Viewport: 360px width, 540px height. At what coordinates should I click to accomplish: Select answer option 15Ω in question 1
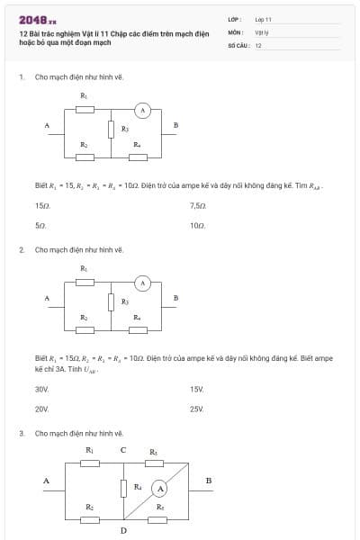click(42, 206)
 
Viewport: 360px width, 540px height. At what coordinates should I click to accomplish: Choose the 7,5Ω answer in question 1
click(198, 206)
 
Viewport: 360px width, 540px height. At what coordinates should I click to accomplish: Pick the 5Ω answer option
click(40, 225)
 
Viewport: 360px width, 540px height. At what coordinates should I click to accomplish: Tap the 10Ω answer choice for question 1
click(198, 225)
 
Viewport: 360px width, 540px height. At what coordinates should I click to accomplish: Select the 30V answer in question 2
click(41, 389)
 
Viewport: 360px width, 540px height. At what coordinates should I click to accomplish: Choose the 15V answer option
click(197, 389)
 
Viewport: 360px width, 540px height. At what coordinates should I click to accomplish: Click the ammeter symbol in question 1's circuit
click(140, 110)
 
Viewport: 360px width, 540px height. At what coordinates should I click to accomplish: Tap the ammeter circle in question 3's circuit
click(159, 488)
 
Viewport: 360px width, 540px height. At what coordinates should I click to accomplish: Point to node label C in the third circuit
click(122, 450)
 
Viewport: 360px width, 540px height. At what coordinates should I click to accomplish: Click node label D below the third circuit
click(123, 531)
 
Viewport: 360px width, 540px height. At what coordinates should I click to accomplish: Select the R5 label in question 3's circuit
click(160, 508)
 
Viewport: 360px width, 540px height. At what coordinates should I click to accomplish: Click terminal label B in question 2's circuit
click(175, 298)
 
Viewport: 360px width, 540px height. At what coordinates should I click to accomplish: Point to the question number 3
click(21, 433)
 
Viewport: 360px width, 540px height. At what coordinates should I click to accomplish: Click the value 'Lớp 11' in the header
click(263, 19)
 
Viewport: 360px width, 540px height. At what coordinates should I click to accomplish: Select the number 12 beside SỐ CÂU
click(258, 44)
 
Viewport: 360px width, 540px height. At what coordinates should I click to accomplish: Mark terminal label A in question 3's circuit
click(46, 481)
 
